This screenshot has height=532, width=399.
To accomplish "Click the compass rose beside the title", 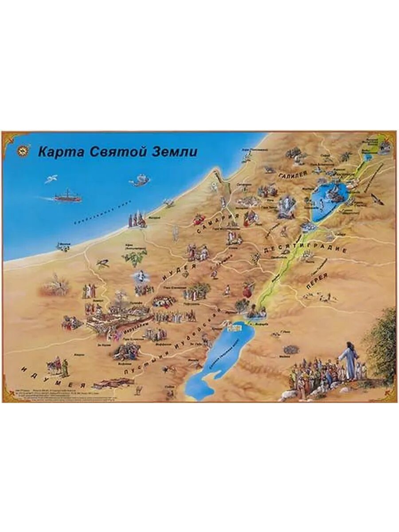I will (x=22, y=150).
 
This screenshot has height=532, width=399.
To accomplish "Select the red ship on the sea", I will (x=67, y=196).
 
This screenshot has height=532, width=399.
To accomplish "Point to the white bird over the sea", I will (x=51, y=179).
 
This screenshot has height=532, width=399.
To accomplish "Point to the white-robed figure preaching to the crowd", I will (x=350, y=360).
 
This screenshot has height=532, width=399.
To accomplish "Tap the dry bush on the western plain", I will (x=55, y=286).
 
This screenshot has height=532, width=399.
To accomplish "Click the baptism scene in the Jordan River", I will (x=256, y=311).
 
